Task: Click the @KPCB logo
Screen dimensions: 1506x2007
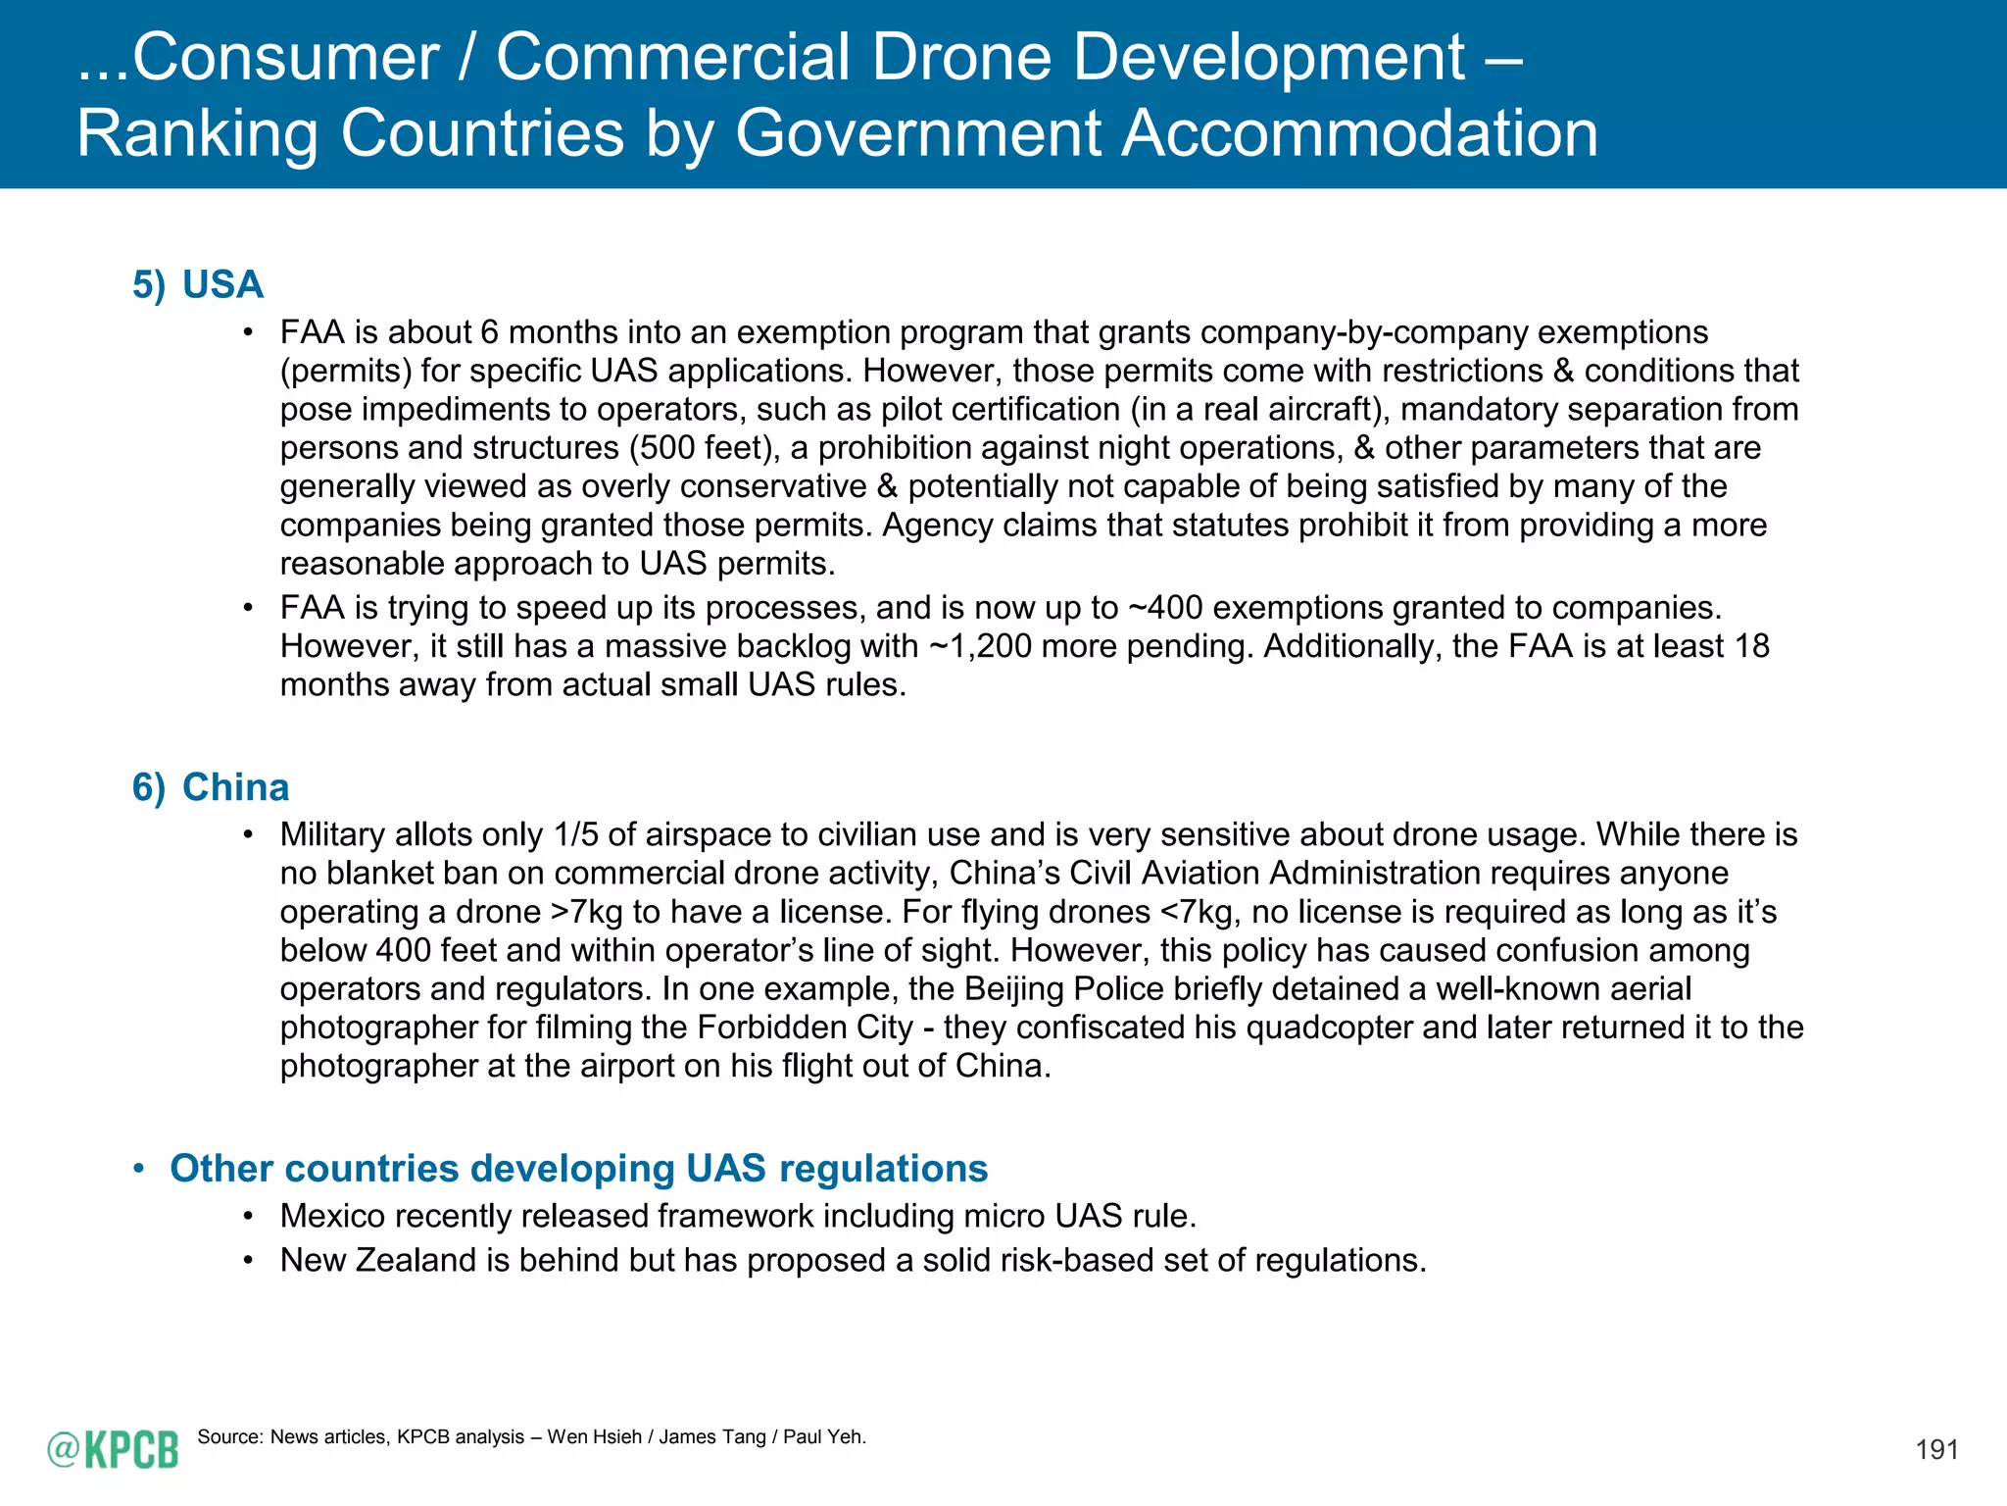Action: pyautogui.click(x=113, y=1449)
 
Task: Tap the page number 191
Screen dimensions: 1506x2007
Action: pyautogui.click(x=1936, y=1450)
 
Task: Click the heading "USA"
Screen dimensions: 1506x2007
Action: pyautogui.click(x=222, y=284)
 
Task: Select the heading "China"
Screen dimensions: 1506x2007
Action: pyautogui.click(x=235, y=787)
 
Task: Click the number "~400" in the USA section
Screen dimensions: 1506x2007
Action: pyautogui.click(x=1165, y=608)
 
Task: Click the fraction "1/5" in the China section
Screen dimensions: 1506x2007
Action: pyautogui.click(x=575, y=834)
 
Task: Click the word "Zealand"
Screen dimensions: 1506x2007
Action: pyautogui.click(x=416, y=1260)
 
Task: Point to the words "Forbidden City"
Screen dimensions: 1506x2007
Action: pyautogui.click(x=805, y=1028)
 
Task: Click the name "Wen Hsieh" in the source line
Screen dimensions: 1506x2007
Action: pyautogui.click(x=594, y=1437)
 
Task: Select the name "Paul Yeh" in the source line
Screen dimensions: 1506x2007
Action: pyautogui.click(x=823, y=1437)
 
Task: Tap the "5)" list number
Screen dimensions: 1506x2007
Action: pyautogui.click(x=149, y=285)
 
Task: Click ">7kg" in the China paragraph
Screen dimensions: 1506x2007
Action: pyautogui.click(x=586, y=912)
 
